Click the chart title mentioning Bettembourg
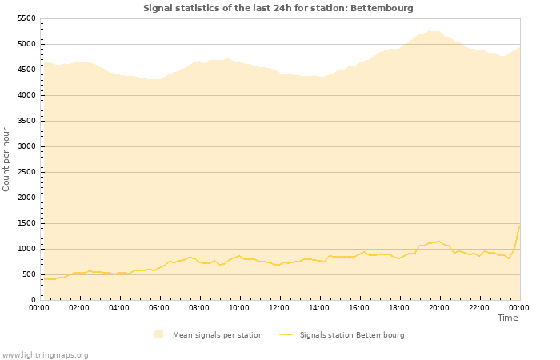tap(278, 8)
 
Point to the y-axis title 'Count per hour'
tap(7, 158)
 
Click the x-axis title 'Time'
tap(507, 318)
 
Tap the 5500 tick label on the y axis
tap(26, 18)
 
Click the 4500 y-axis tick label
tap(26, 70)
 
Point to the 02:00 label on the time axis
tap(79, 307)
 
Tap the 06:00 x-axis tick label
tap(159, 307)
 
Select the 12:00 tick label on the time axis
tap(279, 307)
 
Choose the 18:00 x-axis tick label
tap(399, 307)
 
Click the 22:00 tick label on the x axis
tap(479, 307)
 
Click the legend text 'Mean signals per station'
tap(218, 335)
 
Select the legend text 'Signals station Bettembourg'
tap(352, 335)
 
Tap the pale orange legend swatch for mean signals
tap(159, 334)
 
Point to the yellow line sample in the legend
tap(286, 335)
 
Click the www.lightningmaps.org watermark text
tap(46, 354)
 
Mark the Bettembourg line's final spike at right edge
tap(519, 227)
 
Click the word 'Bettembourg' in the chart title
tap(386, 8)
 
